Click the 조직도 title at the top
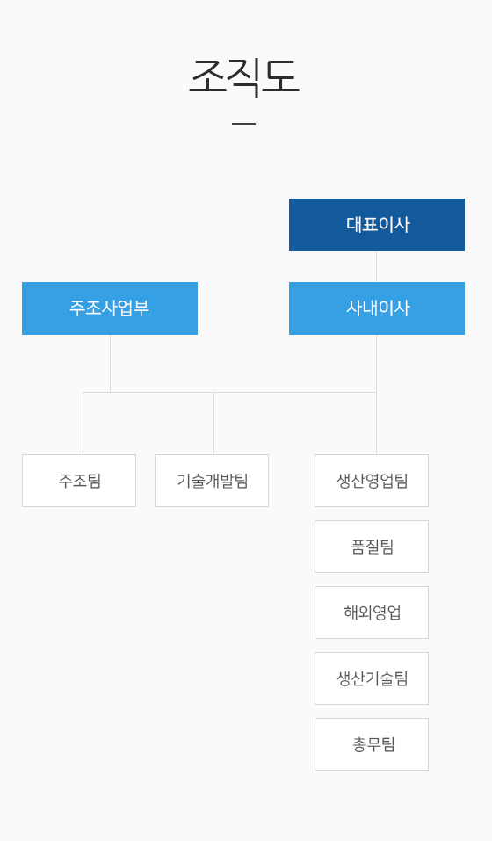click(244, 76)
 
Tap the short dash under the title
click(244, 124)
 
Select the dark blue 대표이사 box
click(377, 225)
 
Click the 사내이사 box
click(377, 308)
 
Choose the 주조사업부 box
click(110, 308)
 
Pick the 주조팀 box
click(79, 481)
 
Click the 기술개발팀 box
click(212, 481)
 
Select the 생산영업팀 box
click(372, 481)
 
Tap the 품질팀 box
click(372, 547)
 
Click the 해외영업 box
click(372, 613)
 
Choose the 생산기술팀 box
click(372, 678)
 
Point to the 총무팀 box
click(372, 744)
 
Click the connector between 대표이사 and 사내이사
click(376, 266)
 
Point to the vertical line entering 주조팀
click(83, 424)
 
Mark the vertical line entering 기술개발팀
click(213, 424)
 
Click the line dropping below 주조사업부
click(111, 364)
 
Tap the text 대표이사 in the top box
click(378, 224)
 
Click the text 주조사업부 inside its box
click(109, 308)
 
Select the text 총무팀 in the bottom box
click(373, 744)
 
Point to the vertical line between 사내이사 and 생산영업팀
click(376, 395)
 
